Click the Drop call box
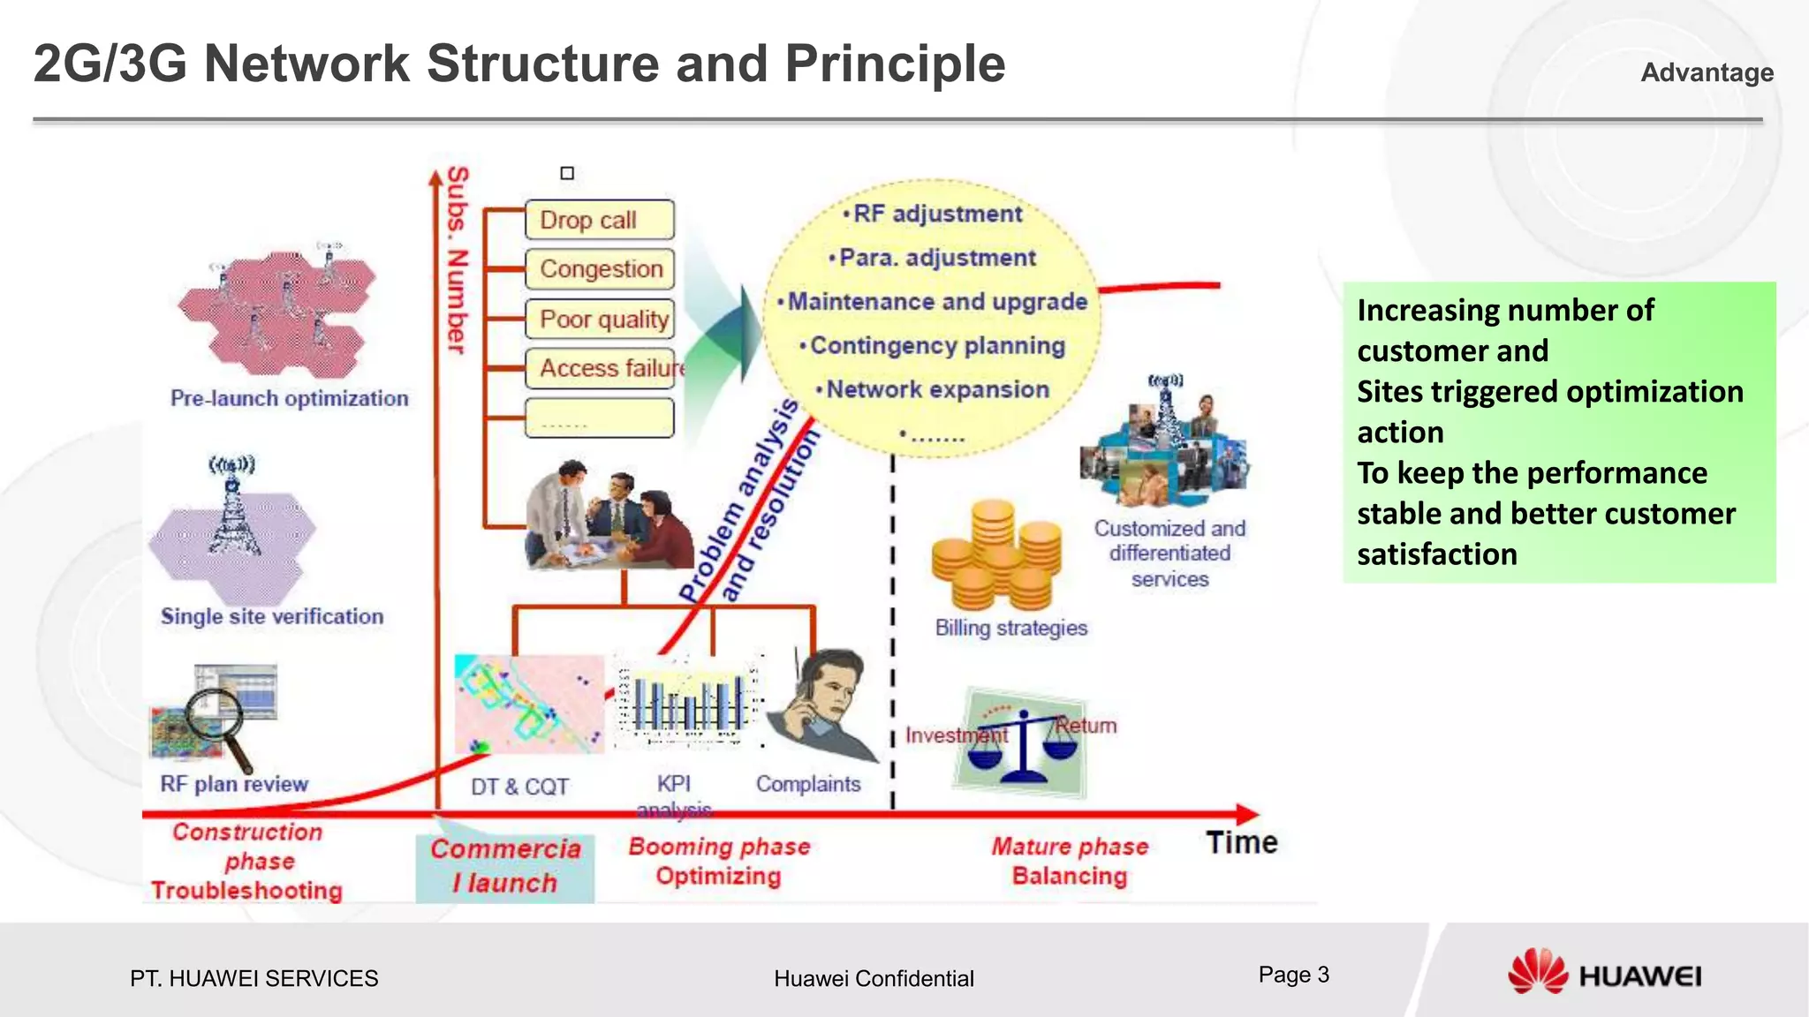click(x=599, y=220)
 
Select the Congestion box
click(x=599, y=268)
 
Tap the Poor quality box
click(x=599, y=319)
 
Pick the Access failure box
click(x=605, y=367)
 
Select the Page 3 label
click(x=1293, y=975)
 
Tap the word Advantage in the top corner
click(x=1707, y=72)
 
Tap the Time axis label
click(x=1241, y=842)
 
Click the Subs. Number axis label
click(x=457, y=260)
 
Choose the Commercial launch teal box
click(x=505, y=867)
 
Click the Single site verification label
click(x=272, y=616)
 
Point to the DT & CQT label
click(x=519, y=787)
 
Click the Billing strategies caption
click(x=1011, y=628)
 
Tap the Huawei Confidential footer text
click(x=874, y=978)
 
